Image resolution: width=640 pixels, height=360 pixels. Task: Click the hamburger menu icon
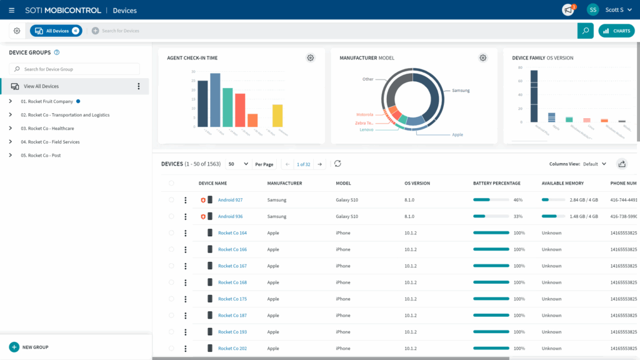coord(11,10)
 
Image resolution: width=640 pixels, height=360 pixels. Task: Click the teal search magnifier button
coord(585,31)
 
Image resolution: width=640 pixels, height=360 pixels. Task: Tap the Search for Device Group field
coord(74,69)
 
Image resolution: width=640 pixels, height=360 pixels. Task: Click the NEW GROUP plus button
coord(14,347)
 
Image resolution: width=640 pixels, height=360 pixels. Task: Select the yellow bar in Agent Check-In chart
coord(277,116)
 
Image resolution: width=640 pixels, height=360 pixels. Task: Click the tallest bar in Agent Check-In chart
coord(215,100)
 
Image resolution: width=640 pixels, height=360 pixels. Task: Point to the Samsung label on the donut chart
coord(460,91)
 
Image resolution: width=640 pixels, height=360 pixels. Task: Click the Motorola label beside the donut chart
coord(364,115)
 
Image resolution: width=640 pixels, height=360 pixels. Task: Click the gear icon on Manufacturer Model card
coord(483,58)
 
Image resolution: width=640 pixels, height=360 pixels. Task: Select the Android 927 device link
coord(230,200)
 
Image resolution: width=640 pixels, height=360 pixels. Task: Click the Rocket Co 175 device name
coord(232,299)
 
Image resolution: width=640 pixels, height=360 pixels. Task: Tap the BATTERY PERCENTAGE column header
coord(496,183)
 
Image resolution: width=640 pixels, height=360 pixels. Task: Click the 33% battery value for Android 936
coord(517,216)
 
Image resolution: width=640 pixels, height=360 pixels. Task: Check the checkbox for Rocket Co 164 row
coord(171,233)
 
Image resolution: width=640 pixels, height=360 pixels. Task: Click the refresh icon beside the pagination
coord(337,164)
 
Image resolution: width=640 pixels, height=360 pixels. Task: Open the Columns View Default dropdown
coord(594,164)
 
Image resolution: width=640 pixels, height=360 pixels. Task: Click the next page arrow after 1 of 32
coord(320,164)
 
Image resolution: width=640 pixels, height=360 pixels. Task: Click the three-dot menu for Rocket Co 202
coord(186,349)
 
